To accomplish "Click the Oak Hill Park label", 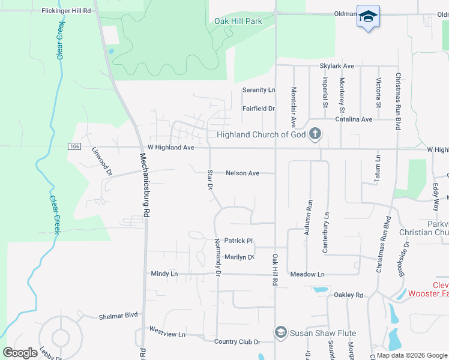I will (238, 21).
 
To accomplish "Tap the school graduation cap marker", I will (367, 16).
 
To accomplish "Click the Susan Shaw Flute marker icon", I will (280, 332).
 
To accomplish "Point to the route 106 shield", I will (74, 146).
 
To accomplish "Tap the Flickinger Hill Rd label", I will (66, 11).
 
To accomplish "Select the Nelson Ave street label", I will (243, 173).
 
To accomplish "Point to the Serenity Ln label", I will (258, 90).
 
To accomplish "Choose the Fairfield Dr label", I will (258, 109).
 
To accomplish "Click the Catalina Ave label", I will (354, 119).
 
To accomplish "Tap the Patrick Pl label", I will (238, 241).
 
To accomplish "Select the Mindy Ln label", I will (164, 273).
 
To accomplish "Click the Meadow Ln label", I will (307, 274).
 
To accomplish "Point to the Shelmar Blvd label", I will (118, 315).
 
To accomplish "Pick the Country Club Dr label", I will (237, 342).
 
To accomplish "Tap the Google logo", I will (20, 352).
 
